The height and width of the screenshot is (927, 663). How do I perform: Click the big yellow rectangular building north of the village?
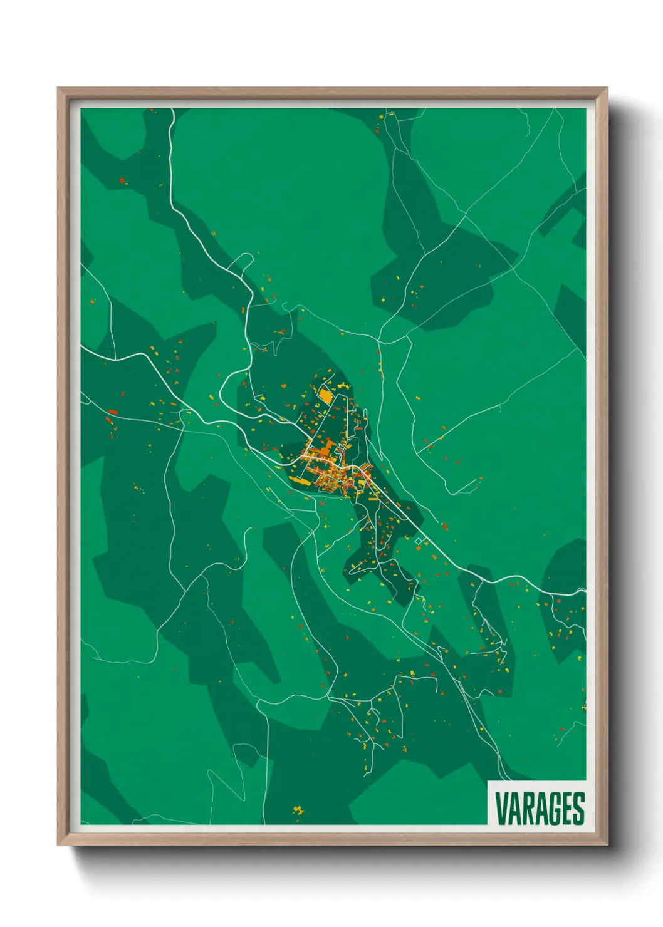(x=326, y=395)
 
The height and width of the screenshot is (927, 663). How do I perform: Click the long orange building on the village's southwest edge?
(x=299, y=481)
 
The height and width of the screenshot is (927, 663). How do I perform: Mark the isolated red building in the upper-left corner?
(x=122, y=180)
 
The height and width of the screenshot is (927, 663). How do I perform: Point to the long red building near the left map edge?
(x=113, y=412)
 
